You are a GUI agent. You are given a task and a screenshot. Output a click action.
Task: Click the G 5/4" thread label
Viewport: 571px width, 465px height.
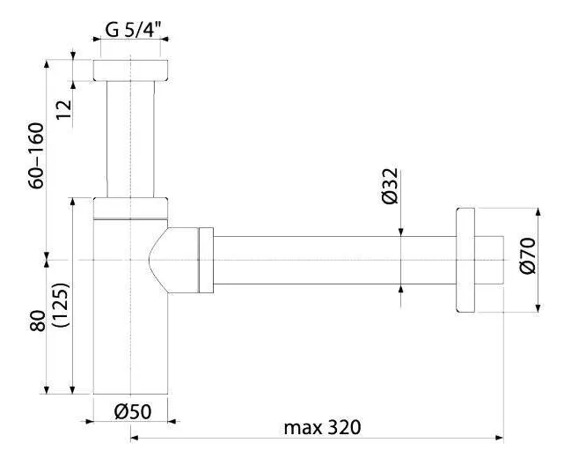[x=133, y=29]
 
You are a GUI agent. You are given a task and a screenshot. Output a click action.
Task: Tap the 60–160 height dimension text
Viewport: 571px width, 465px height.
[x=36, y=156]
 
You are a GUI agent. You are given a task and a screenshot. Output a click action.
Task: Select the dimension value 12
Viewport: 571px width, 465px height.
[x=64, y=109]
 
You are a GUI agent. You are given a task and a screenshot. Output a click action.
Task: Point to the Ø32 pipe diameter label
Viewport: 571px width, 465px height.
[x=390, y=186]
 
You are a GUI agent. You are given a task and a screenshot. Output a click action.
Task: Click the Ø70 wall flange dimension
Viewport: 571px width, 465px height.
[x=528, y=255]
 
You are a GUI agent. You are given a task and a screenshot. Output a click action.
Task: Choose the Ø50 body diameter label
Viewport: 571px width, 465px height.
[x=133, y=412]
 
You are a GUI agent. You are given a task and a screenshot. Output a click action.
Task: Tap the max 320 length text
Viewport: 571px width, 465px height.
[x=322, y=427]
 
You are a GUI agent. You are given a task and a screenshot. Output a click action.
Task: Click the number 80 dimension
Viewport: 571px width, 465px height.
[x=38, y=321]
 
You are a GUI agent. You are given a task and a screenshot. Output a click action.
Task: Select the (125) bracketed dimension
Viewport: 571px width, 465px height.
[x=61, y=305]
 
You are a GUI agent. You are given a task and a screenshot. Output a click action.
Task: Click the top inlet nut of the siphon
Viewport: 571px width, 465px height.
[x=130, y=70]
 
